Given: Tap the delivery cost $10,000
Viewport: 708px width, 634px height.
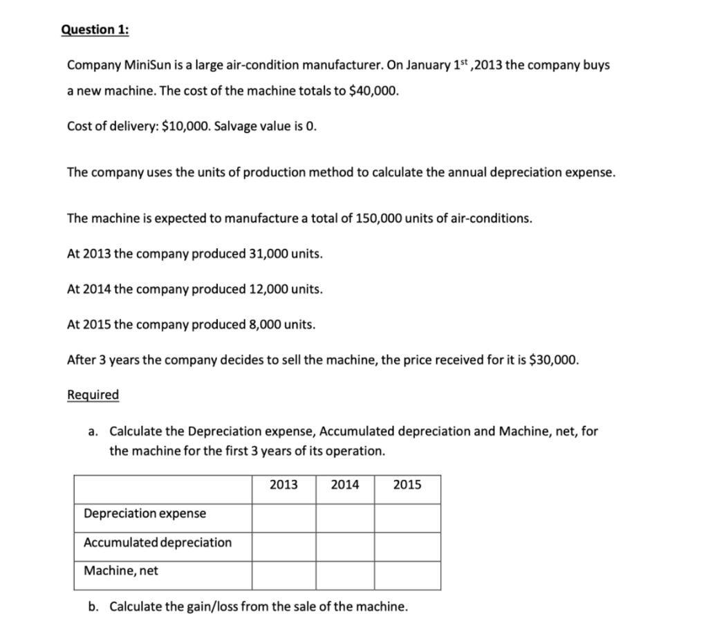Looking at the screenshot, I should pyautogui.click(x=184, y=126).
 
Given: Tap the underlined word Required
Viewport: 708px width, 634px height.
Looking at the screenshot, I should pyautogui.click(x=93, y=395).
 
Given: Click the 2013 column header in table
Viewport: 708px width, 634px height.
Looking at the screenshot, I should pyautogui.click(x=283, y=485).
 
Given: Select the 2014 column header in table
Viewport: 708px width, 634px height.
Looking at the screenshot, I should pyautogui.click(x=345, y=485).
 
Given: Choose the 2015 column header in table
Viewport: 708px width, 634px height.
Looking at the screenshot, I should pyautogui.click(x=407, y=485).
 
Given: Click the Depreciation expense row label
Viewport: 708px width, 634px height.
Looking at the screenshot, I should pyautogui.click(x=145, y=514).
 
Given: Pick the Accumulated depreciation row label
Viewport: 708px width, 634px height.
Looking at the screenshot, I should pyautogui.click(x=158, y=543).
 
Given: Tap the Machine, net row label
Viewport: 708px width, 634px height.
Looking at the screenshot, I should pyautogui.click(x=121, y=571).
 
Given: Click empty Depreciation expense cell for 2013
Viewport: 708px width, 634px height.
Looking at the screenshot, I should pyautogui.click(x=283, y=518).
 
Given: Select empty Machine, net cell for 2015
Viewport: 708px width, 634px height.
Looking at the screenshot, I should pyautogui.click(x=407, y=575).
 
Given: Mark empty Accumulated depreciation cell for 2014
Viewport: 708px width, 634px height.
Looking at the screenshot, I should pyautogui.click(x=345, y=547).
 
